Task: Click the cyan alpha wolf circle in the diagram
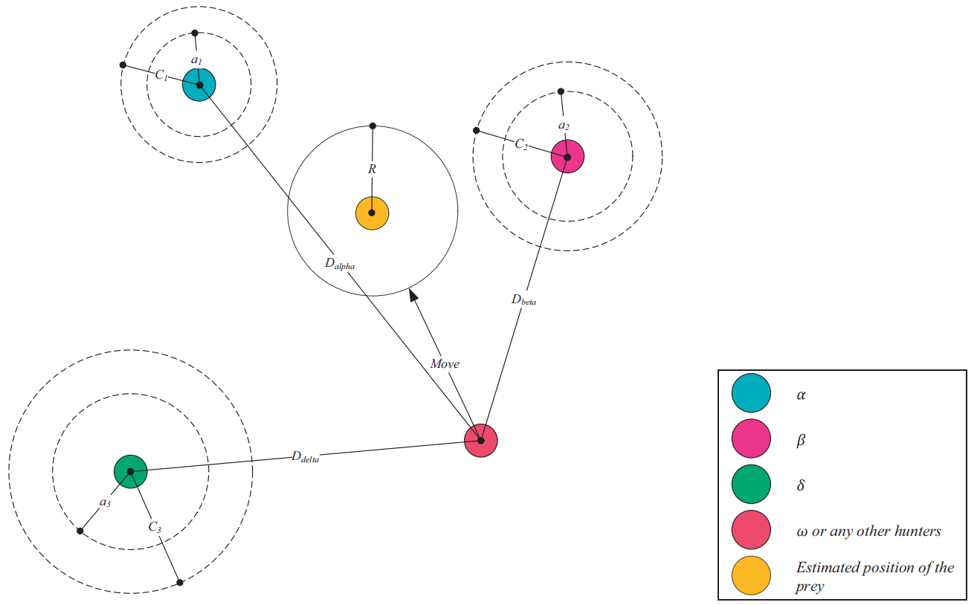[199, 85]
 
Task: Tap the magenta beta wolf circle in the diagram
[567, 157]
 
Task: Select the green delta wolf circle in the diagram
[131, 471]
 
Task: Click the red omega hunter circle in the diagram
[481, 441]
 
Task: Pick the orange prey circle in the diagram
[372, 213]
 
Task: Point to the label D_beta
[523, 300]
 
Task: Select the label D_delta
[305, 457]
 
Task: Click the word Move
[445, 363]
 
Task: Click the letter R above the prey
[372, 169]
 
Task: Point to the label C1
[161, 75]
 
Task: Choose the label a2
[564, 126]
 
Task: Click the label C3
[155, 526]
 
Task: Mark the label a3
[106, 503]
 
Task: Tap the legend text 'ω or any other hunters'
[868, 531]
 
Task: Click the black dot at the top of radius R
[373, 126]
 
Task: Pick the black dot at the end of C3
[179, 582]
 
